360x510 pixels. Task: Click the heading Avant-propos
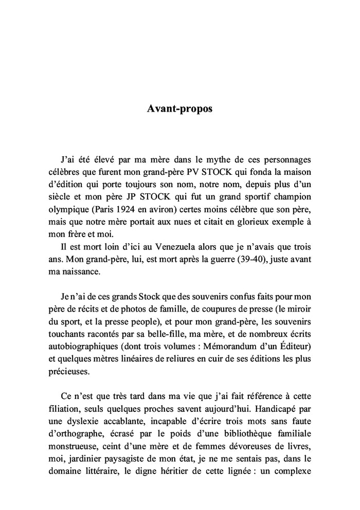pyautogui.click(x=179, y=109)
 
